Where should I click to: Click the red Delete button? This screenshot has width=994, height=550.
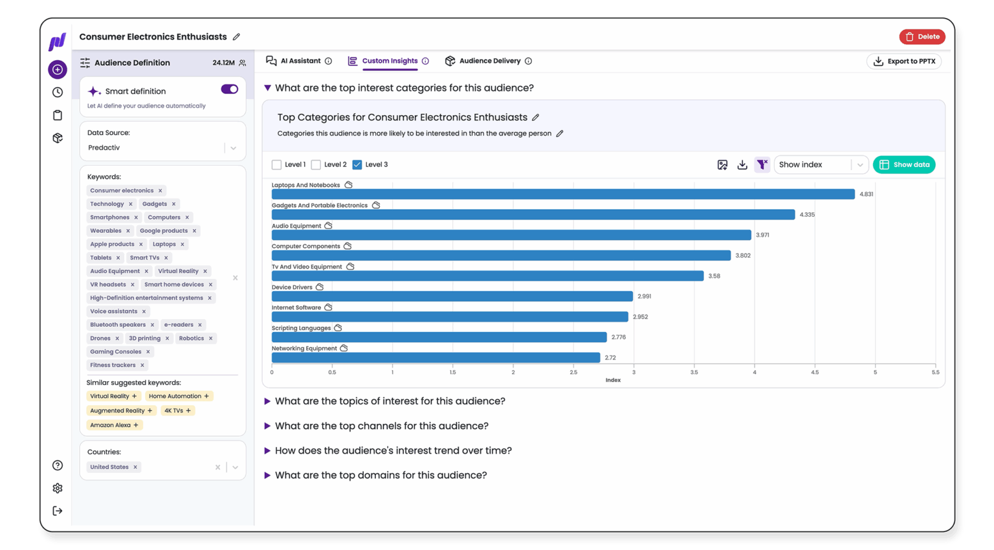[x=922, y=37]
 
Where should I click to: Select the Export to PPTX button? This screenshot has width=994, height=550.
[x=903, y=61]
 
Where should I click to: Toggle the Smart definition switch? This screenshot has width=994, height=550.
[x=229, y=89]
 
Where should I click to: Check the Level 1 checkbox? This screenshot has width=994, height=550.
[x=277, y=165]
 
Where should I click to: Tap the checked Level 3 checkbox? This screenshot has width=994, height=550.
[x=357, y=165]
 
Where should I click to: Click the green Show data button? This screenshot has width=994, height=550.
[x=903, y=165]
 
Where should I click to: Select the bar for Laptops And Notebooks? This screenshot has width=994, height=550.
[x=563, y=194]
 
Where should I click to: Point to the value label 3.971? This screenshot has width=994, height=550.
[x=762, y=236]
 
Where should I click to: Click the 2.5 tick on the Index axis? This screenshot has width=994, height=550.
[x=573, y=373]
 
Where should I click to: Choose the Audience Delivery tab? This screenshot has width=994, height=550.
[x=489, y=61]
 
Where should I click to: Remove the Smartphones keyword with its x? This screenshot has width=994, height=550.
[x=136, y=217]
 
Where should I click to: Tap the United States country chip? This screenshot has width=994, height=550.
[x=109, y=467]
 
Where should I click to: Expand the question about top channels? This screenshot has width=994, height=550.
[x=381, y=426]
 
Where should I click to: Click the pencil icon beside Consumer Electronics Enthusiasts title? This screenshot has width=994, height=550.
[x=236, y=37]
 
